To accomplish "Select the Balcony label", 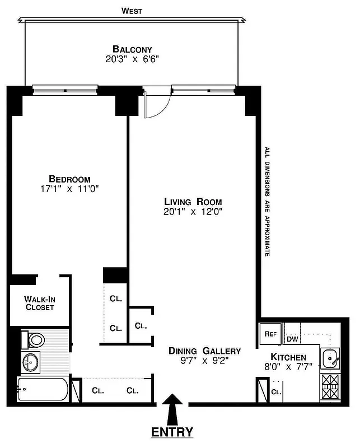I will pyautogui.click(x=132, y=49).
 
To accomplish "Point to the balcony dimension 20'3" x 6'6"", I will pyautogui.click(x=132, y=59).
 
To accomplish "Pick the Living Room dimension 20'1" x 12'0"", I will pyautogui.click(x=193, y=212).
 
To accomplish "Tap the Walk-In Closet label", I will pyautogui.click(x=39, y=303).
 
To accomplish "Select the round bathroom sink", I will pyautogui.click(x=30, y=363).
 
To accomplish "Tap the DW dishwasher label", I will pyautogui.click(x=292, y=339).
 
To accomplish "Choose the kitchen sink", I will pyautogui.click(x=330, y=357).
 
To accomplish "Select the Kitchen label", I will pyautogui.click(x=288, y=357).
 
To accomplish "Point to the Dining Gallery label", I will pyautogui.click(x=205, y=351).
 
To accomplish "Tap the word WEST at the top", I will pyautogui.click(x=132, y=11).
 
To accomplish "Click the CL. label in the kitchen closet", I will pyautogui.click(x=276, y=392).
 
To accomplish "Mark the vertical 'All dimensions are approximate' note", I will pyautogui.click(x=268, y=202).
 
